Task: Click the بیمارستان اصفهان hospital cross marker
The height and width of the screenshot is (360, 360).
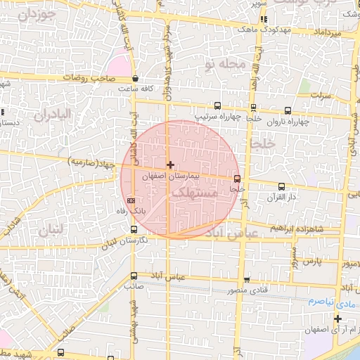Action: (170, 164)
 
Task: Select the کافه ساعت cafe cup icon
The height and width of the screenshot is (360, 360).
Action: (134, 79)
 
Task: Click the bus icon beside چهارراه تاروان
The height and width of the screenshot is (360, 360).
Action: (288, 110)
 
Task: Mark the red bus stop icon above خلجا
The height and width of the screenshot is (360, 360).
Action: (237, 179)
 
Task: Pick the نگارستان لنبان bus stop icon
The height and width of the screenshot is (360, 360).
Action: (134, 229)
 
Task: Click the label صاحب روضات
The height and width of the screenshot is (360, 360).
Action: (98, 79)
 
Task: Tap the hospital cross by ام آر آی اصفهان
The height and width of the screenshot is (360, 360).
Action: (337, 319)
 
